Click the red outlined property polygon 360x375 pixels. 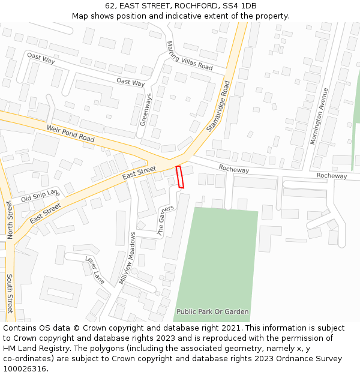179,177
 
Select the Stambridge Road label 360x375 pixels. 218,106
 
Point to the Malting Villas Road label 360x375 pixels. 190,56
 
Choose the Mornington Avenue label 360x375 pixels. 318,116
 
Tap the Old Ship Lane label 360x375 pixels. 40,195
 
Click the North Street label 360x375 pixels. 10,220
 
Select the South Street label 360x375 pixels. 10,293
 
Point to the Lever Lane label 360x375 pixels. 95,270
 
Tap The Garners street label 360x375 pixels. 165,219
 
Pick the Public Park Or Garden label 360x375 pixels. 212,312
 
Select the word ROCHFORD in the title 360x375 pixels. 195,6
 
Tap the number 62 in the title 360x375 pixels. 110,6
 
